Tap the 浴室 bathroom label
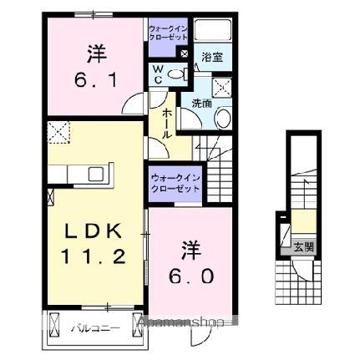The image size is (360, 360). (x=212, y=58)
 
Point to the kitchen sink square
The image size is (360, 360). (x=95, y=175)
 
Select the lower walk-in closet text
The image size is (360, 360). (x=175, y=183)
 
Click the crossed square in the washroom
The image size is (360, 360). (x=223, y=86)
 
